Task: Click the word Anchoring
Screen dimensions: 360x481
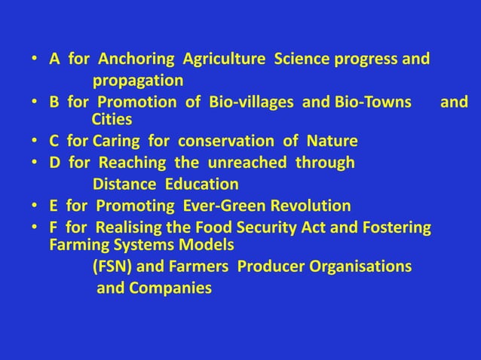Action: (129, 59)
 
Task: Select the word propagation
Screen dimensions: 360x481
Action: (138, 80)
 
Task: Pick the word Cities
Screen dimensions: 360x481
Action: (112, 120)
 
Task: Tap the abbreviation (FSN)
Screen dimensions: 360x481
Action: (112, 267)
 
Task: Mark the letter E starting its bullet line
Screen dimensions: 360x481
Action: (54, 206)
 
